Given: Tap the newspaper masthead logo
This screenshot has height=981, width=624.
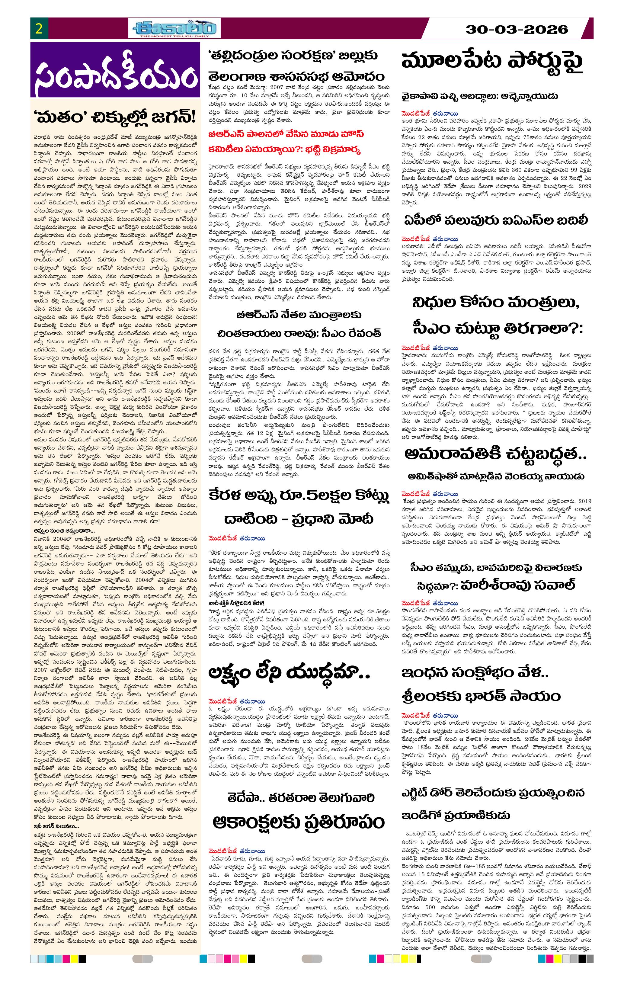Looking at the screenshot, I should click(x=176, y=28).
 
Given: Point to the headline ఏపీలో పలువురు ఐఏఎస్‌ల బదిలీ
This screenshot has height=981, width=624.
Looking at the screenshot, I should click(x=496, y=220).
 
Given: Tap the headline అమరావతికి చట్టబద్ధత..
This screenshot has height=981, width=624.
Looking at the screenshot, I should click(x=496, y=454).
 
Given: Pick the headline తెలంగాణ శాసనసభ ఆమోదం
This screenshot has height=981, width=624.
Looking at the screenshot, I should click(x=296, y=76).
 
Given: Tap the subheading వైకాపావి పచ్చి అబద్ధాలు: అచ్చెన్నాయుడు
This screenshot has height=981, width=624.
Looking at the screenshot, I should click(x=480, y=97).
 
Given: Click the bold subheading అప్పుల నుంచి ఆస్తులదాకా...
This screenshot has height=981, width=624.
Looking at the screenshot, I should click(x=64, y=531).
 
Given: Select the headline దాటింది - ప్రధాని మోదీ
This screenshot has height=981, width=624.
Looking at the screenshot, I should click(x=299, y=519).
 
